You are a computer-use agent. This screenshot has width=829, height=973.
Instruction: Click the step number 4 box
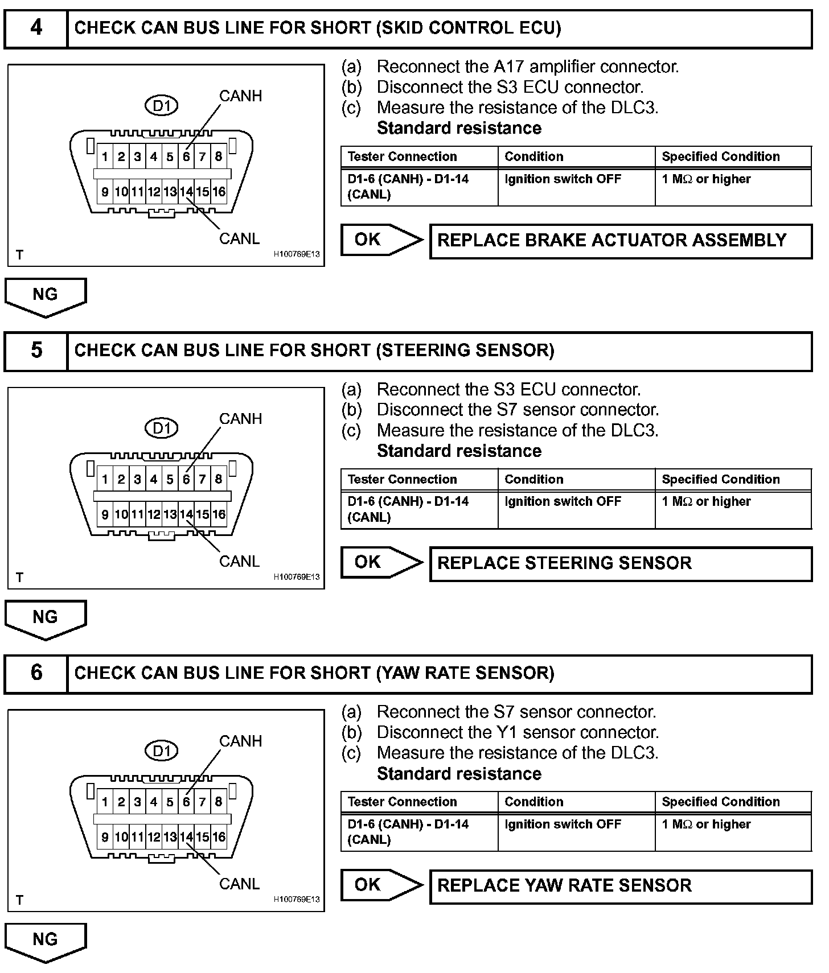click(x=36, y=27)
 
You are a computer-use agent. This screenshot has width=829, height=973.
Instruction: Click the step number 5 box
click(x=36, y=350)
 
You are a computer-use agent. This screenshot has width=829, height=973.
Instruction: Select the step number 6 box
click(x=36, y=673)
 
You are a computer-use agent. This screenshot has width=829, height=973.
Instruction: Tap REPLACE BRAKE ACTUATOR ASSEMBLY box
click(x=620, y=241)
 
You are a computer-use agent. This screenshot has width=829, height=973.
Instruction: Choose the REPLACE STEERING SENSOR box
click(x=620, y=563)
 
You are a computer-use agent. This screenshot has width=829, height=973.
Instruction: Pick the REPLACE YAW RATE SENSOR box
click(x=620, y=886)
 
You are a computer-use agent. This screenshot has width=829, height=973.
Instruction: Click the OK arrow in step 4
click(x=380, y=240)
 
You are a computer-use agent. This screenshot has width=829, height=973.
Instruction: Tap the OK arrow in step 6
click(x=380, y=885)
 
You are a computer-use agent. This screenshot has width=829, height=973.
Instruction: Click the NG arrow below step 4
click(x=46, y=296)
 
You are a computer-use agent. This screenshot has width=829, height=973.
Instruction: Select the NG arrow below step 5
click(x=46, y=619)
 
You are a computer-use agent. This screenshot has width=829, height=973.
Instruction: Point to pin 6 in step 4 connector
click(x=186, y=156)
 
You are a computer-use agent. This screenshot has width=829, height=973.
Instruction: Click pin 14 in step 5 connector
click(x=186, y=514)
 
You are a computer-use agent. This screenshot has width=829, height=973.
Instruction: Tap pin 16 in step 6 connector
click(x=219, y=837)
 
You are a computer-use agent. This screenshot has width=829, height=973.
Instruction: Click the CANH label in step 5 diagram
click(x=241, y=419)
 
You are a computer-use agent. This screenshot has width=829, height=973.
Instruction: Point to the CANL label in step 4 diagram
click(x=239, y=238)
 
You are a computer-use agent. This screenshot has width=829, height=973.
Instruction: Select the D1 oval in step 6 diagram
click(x=162, y=751)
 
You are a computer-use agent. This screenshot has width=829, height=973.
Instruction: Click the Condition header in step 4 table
click(x=534, y=156)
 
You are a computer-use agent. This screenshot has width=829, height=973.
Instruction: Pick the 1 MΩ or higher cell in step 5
click(x=706, y=501)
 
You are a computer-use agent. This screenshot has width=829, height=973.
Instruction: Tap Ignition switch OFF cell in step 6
click(x=563, y=824)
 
